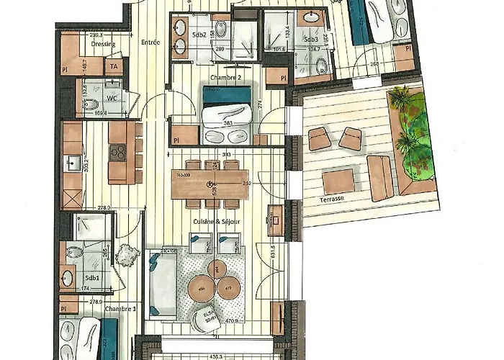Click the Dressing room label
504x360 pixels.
pyautogui.click(x=104, y=43)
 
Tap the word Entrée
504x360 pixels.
pyautogui.click(x=150, y=42)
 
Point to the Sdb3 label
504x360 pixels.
pyautogui.click(x=311, y=39)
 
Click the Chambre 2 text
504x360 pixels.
pyautogui.click(x=225, y=77)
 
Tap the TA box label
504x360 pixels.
pyautogui.click(x=114, y=67)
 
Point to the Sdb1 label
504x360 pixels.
pyautogui.click(x=92, y=277)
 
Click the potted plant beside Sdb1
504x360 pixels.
pyautogui.click(x=127, y=255)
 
